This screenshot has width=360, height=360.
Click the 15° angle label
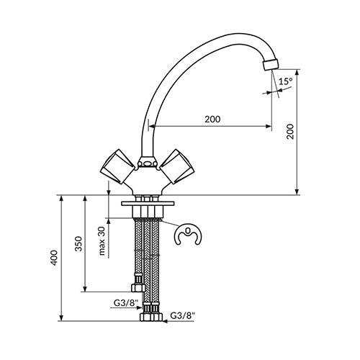click(x=286, y=81)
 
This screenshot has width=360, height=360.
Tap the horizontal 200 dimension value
click(x=212, y=120)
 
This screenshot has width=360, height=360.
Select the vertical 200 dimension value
click(x=290, y=131)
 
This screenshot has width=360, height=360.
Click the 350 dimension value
click(x=78, y=243)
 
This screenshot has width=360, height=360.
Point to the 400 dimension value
click(x=55, y=258)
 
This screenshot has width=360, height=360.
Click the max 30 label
click(x=102, y=240)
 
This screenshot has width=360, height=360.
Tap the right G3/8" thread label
click(x=182, y=315)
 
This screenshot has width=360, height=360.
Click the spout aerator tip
click(x=271, y=65)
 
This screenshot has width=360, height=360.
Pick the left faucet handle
click(x=117, y=167)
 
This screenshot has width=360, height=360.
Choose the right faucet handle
click(x=178, y=167)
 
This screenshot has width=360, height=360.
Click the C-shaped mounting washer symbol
click(x=189, y=235)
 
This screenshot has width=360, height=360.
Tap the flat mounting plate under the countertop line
click(x=148, y=204)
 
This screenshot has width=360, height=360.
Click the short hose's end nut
click(x=137, y=287)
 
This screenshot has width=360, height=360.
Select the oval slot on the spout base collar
click(x=148, y=164)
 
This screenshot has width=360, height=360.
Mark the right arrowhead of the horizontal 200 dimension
click(x=269, y=126)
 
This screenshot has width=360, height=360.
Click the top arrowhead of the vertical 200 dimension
click(x=297, y=73)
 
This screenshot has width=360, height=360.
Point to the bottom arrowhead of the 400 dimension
click(x=62, y=318)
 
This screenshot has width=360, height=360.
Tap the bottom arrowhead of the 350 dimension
click(x=84, y=289)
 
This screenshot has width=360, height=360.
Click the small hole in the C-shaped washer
click(x=188, y=230)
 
